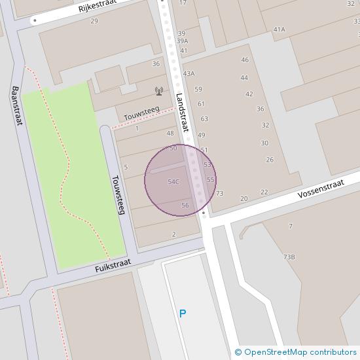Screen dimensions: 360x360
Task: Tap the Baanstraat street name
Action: pyautogui.click(x=17, y=105)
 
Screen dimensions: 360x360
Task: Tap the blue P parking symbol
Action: pyautogui.click(x=183, y=314)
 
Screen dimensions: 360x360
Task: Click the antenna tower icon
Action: pyautogui.click(x=158, y=91)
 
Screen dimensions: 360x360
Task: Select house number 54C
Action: pyautogui.click(x=173, y=182)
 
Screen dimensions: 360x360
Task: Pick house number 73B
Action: pyautogui.click(x=289, y=257)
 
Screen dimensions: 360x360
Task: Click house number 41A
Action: pyautogui.click(x=279, y=29)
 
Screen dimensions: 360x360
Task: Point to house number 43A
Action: pyautogui.click(x=189, y=73)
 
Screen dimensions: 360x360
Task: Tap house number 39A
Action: pyautogui.click(x=182, y=41)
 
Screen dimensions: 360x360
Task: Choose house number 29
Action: pyautogui.click(x=94, y=22)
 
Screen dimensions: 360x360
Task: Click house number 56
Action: pyautogui.click(x=185, y=206)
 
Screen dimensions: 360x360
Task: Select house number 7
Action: pyautogui.click(x=290, y=226)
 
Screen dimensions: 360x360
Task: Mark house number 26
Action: pyautogui.click(x=270, y=160)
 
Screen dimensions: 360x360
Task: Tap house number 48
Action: pyautogui.click(x=170, y=134)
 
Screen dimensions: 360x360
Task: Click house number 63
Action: pyautogui.click(x=204, y=118)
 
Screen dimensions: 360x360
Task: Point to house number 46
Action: pyautogui.click(x=245, y=60)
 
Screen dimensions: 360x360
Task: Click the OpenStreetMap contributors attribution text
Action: pyautogui.click(x=297, y=353)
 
